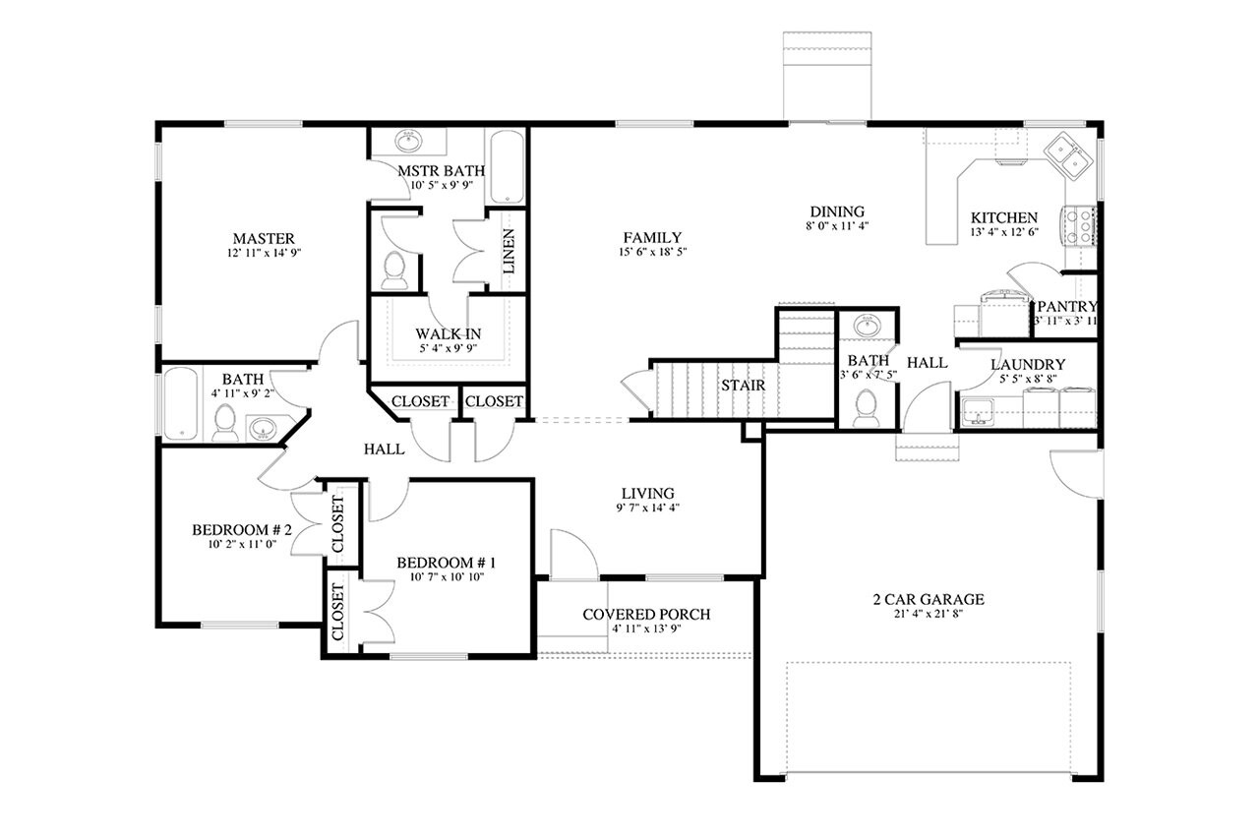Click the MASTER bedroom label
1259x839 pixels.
pos(264,238)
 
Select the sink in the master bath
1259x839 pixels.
pos(407,142)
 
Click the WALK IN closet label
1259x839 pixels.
pos(448,333)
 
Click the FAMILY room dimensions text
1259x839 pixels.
pos(652,252)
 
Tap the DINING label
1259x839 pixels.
pos(836,211)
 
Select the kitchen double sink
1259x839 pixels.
pos(1066,154)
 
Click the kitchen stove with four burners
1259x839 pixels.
pos(1078,225)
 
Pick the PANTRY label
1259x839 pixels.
pos(1066,307)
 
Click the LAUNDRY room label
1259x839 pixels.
pos(1027,364)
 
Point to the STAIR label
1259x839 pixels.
pos(743,385)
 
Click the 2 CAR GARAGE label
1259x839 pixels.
pos(928,599)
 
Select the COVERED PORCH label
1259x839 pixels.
pos(645,615)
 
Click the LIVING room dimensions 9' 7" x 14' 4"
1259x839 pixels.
pos(646,509)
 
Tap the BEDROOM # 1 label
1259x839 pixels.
pos(446,563)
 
